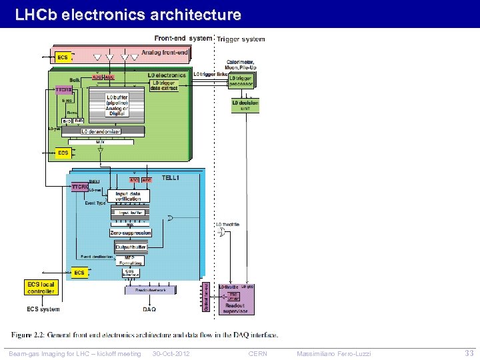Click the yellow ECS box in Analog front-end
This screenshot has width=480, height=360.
click(63, 57)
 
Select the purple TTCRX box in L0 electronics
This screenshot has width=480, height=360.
click(64, 89)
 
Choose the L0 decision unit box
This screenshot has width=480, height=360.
click(245, 105)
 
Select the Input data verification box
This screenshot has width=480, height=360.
click(128, 196)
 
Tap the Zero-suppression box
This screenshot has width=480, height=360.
click(131, 233)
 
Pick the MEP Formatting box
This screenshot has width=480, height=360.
click(130, 261)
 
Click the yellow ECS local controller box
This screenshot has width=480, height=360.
click(41, 287)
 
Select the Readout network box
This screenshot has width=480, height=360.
click(150, 290)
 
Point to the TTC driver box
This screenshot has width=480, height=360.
click(233, 295)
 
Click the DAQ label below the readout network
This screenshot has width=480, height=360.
click(149, 309)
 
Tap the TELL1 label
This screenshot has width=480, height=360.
click(170, 178)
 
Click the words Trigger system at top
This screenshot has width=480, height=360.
click(241, 39)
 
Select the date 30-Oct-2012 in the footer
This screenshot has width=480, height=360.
click(171, 353)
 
